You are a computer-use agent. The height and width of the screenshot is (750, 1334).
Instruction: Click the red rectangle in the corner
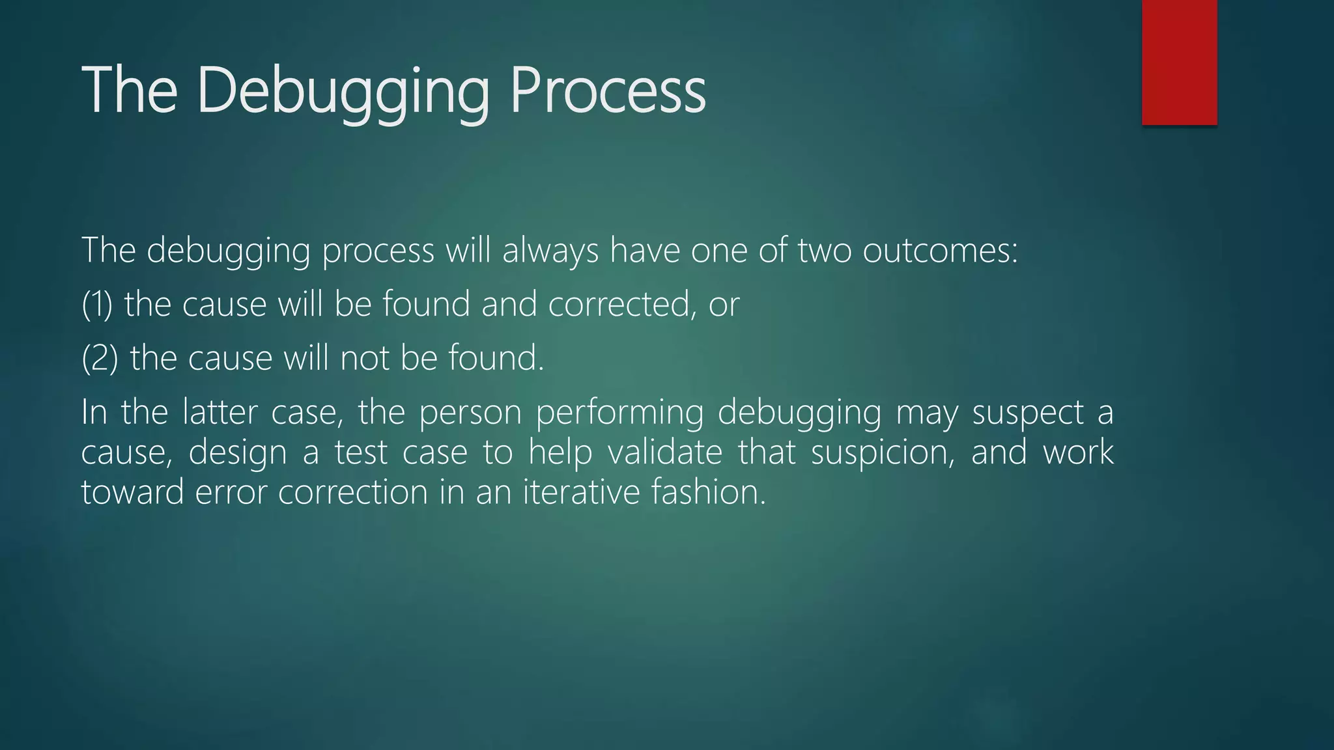1179,62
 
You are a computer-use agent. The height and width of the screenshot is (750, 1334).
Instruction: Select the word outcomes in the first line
939,251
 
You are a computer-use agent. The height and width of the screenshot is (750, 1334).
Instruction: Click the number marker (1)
97,305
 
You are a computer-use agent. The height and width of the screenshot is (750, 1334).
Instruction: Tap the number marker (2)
100,359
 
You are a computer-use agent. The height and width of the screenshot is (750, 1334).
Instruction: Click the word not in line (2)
364,359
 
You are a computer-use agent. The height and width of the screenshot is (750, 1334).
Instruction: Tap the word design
237,453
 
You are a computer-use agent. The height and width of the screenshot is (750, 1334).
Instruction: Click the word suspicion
883,453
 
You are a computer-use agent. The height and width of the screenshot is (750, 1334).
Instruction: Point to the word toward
132,492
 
